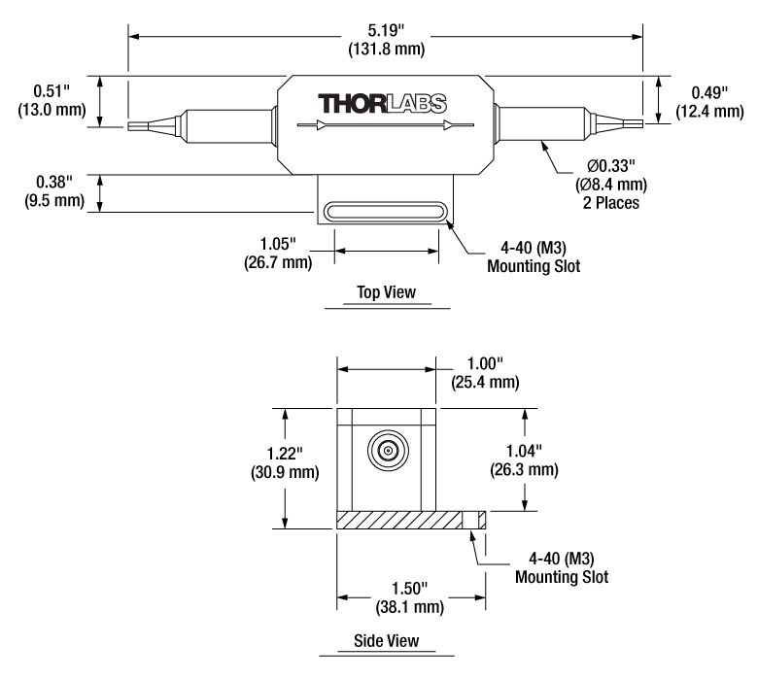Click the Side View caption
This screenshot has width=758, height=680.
pyautogui.click(x=386, y=640)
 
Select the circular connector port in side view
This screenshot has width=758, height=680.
pyautogui.click(x=387, y=451)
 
